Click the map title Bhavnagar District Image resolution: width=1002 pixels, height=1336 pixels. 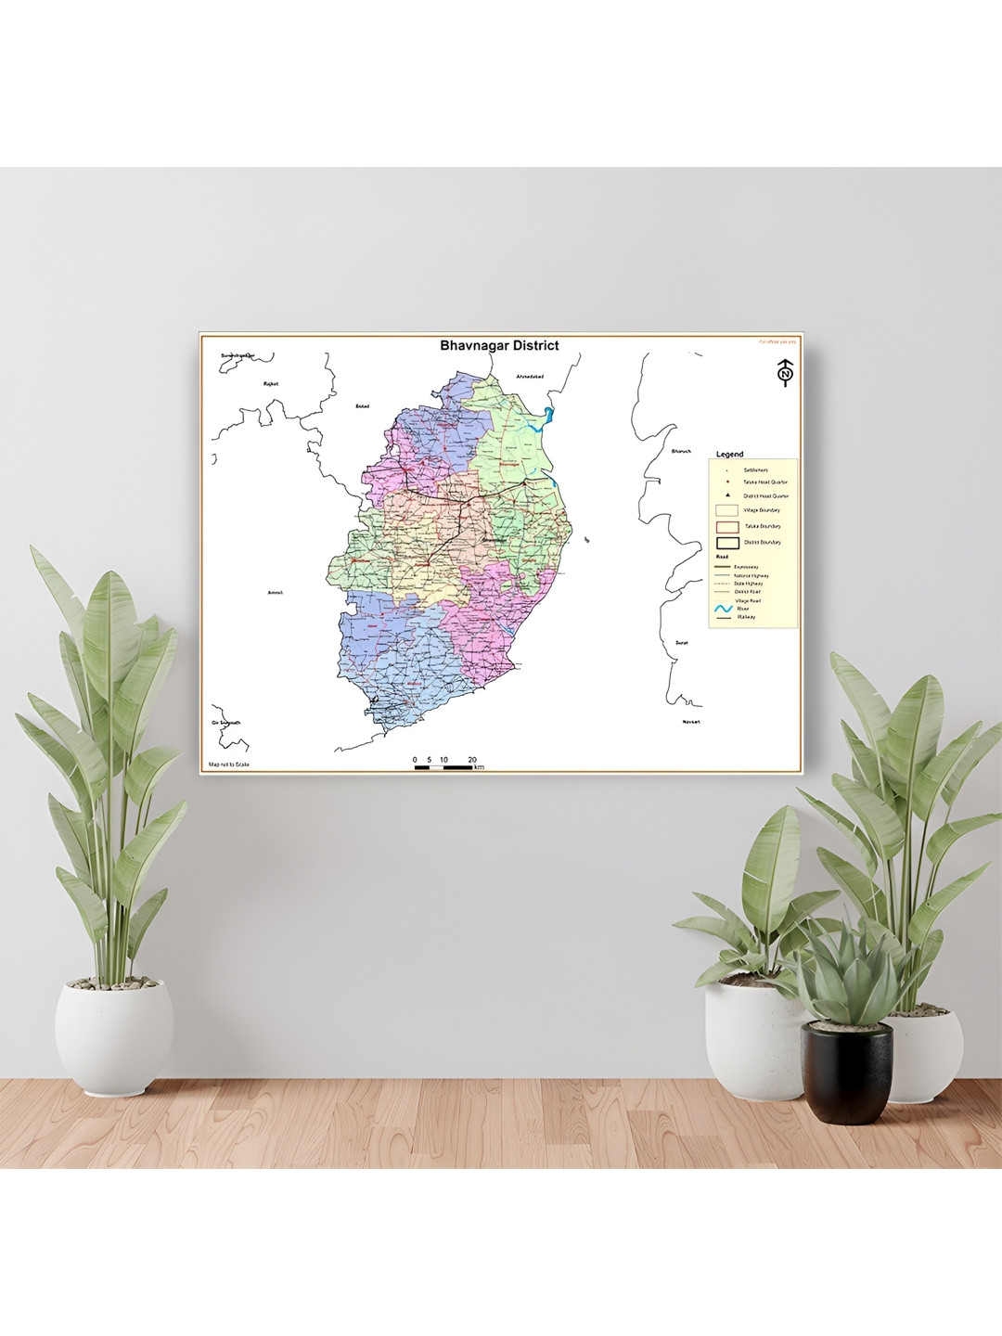[x=499, y=346]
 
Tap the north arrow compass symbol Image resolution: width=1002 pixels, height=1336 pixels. [x=786, y=372]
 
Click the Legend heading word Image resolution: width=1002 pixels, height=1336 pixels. [x=729, y=455]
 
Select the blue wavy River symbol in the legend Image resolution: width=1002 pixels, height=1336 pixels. [x=725, y=610]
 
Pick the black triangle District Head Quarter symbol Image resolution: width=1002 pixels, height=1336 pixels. [x=728, y=495]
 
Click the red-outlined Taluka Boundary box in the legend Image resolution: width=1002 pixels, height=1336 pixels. [x=727, y=526]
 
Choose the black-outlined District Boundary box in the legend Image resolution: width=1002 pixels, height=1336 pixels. [x=727, y=543]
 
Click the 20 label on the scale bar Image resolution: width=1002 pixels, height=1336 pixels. [x=472, y=760]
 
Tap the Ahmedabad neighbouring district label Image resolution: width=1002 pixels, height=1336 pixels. [x=529, y=376]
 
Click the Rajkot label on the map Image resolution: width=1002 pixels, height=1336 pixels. [x=271, y=383]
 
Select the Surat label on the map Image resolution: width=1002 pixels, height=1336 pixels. [x=682, y=642]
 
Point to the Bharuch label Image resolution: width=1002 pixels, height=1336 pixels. [x=681, y=452]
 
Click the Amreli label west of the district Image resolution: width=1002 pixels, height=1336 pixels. [x=275, y=592]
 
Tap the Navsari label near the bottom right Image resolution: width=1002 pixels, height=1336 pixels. [x=690, y=721]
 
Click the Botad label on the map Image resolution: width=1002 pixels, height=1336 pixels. [x=363, y=405]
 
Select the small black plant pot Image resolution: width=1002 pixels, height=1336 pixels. [x=846, y=1072]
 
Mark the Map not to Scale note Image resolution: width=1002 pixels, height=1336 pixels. [x=229, y=764]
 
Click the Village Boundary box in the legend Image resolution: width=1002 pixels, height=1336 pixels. [x=727, y=510]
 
